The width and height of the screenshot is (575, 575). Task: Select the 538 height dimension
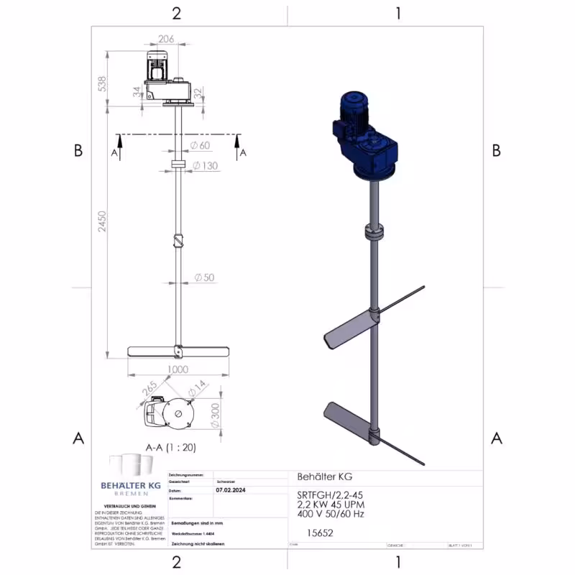point(102,84)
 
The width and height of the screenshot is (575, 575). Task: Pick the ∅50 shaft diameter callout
point(204,277)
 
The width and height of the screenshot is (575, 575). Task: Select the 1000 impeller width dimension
point(177,369)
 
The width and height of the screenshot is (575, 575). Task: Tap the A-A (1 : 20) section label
point(170,446)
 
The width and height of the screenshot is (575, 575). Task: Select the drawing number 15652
point(319,533)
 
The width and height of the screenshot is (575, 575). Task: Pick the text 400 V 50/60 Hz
point(331,515)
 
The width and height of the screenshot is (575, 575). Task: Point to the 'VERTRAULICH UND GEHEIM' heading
point(130,506)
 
